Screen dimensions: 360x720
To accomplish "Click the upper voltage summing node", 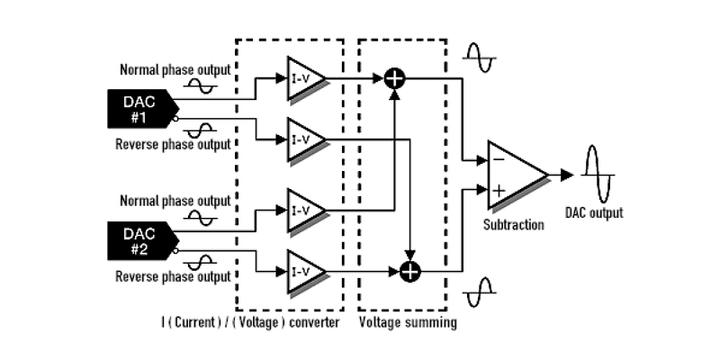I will (x=393, y=78).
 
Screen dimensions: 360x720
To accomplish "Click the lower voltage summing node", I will (x=410, y=269).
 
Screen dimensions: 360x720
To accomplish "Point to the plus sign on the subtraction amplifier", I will (x=496, y=190).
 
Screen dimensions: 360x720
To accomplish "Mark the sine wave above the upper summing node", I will (x=478, y=58).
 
